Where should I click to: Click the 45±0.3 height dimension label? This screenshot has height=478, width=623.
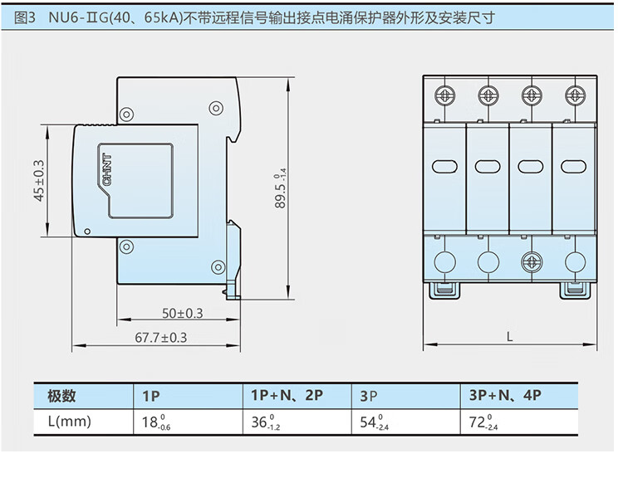pyautogui.click(x=39, y=181)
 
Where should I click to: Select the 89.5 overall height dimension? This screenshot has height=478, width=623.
pyautogui.click(x=281, y=188)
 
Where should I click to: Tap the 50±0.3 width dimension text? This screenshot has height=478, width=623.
pyautogui.click(x=183, y=314)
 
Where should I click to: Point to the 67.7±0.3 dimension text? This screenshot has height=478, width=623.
pyautogui.click(x=161, y=338)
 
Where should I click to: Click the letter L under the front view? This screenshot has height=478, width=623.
pyautogui.click(x=510, y=338)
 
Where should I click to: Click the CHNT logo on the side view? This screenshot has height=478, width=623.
pyautogui.click(x=107, y=169)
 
